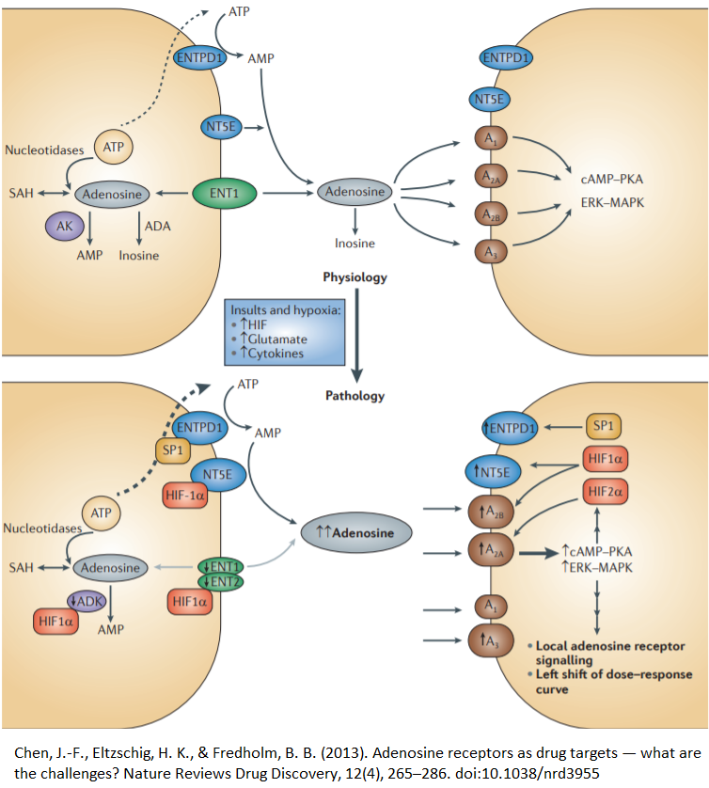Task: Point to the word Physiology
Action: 354,277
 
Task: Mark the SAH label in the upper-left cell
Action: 21,194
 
